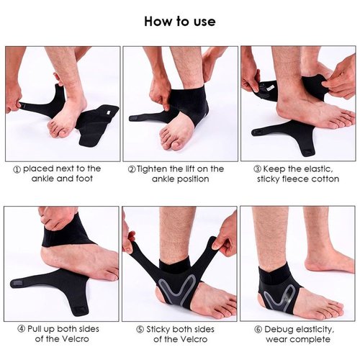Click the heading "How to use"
tap(180, 22)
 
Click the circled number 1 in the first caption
tap(17, 170)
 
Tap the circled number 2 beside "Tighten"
tap(132, 170)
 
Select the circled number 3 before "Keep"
tap(257, 169)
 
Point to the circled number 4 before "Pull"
tap(22, 329)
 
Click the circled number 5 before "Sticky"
tap(140, 329)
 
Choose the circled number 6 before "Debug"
tap(258, 329)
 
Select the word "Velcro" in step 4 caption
tap(76, 339)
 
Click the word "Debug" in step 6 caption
tap(277, 330)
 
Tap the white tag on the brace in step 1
tap(109, 112)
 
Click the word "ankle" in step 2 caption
tap(162, 179)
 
